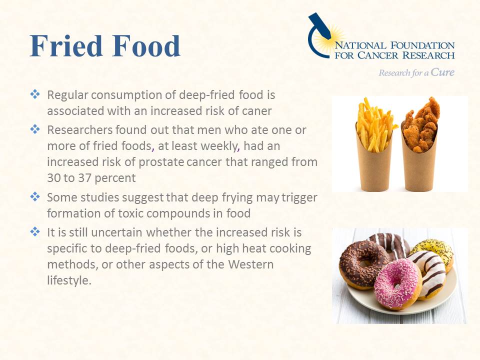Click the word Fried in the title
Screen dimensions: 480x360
tap(66, 46)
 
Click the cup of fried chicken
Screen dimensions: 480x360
tap(420, 144)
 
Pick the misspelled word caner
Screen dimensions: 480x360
tap(256, 111)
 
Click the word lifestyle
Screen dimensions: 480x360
tap(69, 280)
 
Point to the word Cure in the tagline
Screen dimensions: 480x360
tap(442, 72)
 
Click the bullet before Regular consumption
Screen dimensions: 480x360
tap(35, 94)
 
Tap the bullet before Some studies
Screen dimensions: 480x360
tap(35, 196)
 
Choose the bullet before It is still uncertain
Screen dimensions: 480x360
tap(35, 231)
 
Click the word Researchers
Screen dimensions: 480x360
tap(80, 130)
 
